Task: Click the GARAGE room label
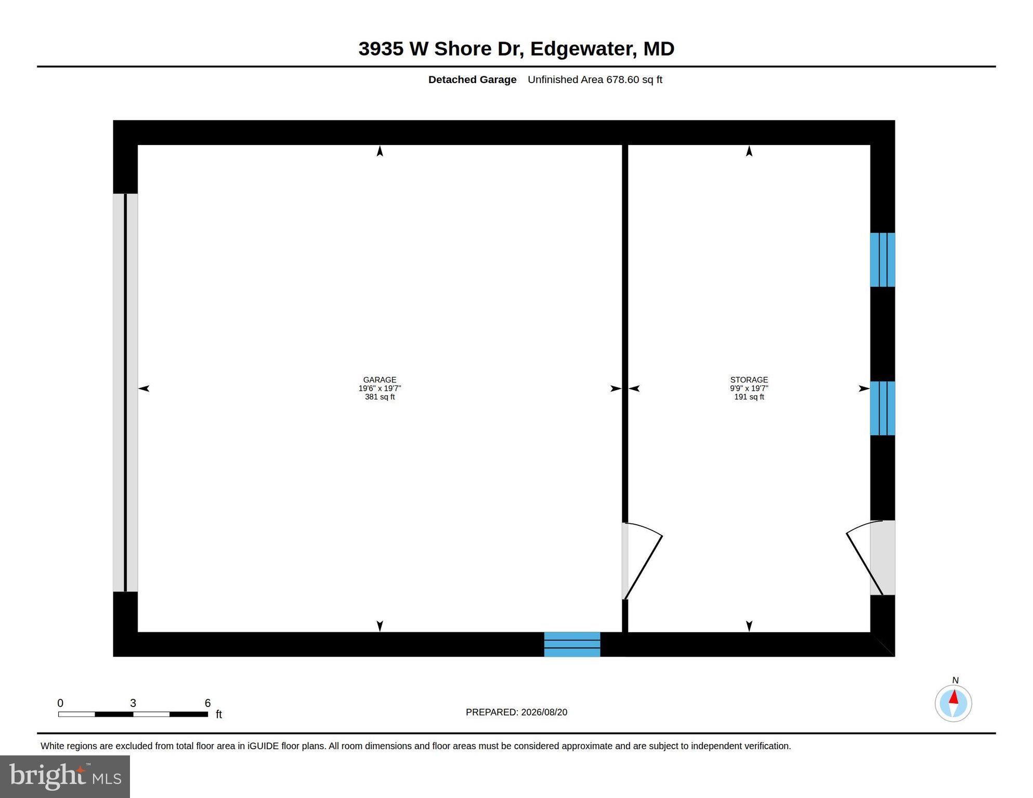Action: (380, 380)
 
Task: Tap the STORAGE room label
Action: (749, 380)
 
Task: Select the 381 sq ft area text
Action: (380, 397)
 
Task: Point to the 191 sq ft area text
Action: (749, 397)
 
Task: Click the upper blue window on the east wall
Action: (882, 260)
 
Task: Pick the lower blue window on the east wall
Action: (882, 408)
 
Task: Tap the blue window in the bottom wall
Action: (572, 644)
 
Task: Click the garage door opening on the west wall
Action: (125, 393)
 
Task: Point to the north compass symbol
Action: (953, 703)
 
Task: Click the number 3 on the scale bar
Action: (133, 703)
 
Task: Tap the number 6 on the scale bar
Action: (207, 703)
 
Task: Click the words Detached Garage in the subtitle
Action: (472, 79)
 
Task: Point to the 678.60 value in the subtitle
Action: (622, 79)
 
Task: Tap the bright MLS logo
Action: (65, 776)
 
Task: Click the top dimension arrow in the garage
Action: (380, 151)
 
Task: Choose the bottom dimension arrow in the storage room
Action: (749, 626)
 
